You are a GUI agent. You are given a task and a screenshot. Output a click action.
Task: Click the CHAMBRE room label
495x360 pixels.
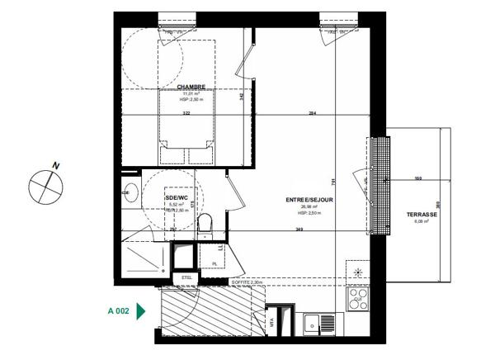(191, 87)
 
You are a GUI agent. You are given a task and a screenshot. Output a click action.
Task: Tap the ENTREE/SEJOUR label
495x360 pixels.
(309, 201)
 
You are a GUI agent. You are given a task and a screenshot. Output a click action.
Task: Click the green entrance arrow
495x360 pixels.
(141, 311)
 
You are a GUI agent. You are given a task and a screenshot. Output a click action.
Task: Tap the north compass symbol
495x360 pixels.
(45, 183)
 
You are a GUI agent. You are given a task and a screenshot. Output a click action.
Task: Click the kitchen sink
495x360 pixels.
(314, 324)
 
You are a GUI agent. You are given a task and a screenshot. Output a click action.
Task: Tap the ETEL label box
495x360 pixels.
(186, 277)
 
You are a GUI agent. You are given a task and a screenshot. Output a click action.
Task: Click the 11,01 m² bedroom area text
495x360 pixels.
(191, 94)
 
